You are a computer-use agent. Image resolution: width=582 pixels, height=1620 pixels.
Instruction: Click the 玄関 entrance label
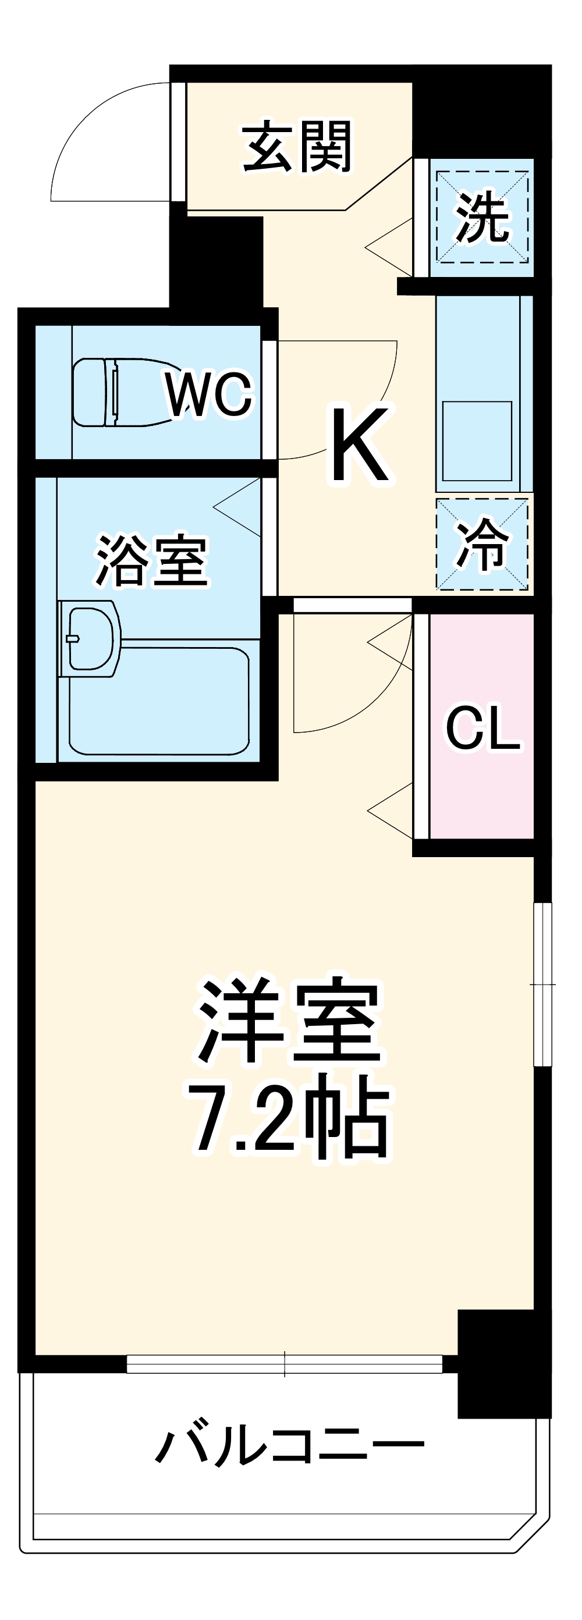click(296, 148)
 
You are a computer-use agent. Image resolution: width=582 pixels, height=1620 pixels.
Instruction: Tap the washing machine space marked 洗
click(482, 218)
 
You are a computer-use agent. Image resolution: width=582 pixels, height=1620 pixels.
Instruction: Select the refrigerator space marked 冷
click(482, 545)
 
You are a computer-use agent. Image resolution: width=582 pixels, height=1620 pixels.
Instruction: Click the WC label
click(208, 395)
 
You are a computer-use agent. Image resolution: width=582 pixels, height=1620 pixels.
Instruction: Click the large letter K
click(359, 445)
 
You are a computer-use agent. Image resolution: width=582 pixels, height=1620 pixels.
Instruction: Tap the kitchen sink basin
click(477, 441)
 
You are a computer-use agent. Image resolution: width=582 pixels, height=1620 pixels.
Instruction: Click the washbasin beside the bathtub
click(90, 638)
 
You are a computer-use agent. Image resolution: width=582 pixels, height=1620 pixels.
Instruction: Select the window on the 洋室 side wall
click(542, 984)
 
